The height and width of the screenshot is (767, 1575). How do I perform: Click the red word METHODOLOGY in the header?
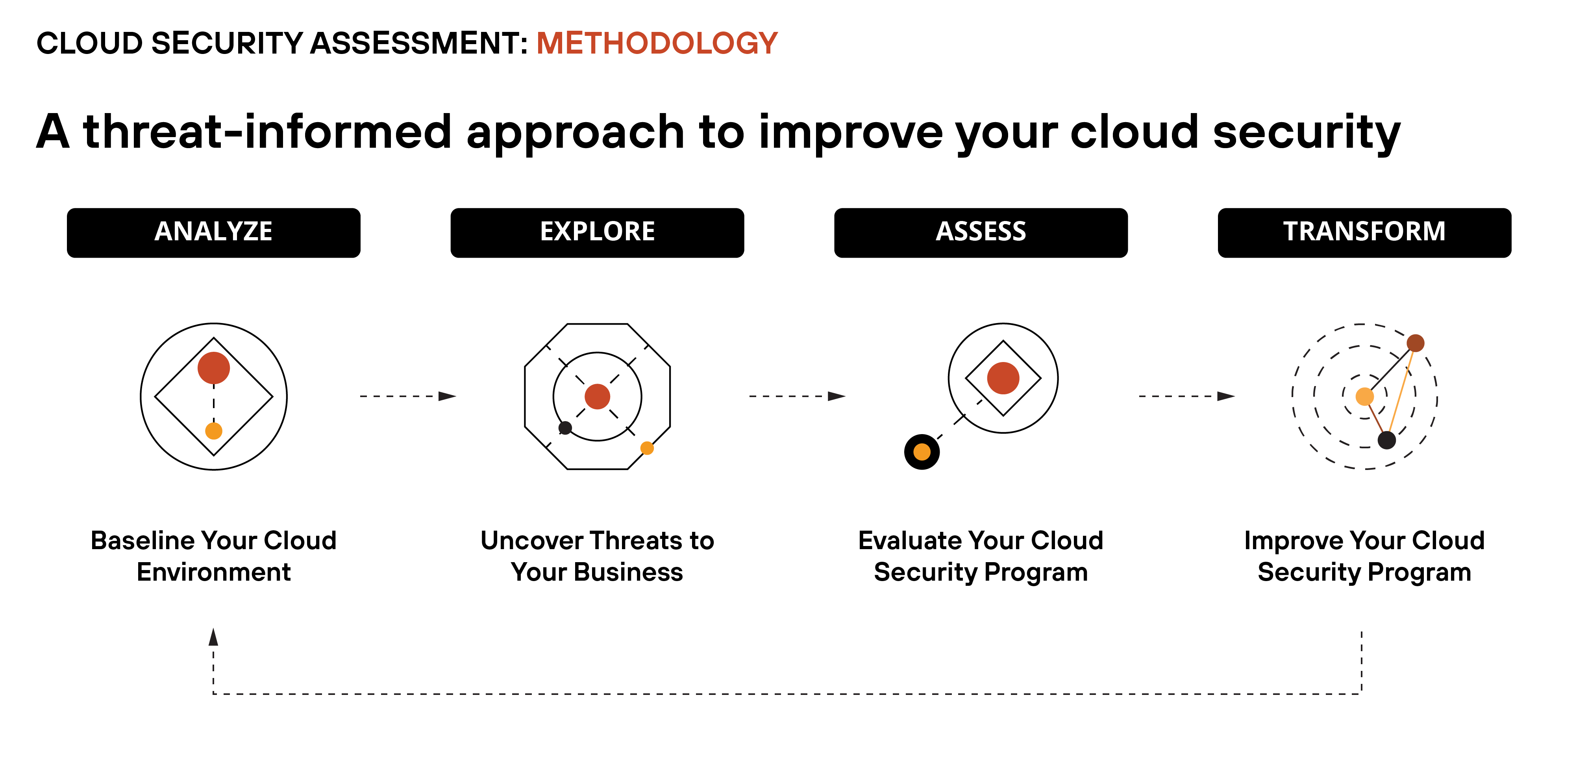657,43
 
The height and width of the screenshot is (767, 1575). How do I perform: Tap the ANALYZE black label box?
213,232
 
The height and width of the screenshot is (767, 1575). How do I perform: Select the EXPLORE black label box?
597,232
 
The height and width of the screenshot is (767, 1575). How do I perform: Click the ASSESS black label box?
981,232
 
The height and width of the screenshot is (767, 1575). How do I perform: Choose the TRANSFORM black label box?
1364,232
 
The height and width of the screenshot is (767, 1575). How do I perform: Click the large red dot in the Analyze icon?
213,368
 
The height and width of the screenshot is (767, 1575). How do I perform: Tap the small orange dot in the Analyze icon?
213,431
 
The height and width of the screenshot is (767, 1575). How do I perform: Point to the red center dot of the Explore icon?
597,396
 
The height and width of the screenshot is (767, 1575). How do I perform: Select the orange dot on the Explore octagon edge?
647,448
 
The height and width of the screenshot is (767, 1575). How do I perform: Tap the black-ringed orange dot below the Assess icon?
922,452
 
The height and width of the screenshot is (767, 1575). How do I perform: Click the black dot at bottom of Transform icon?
1387,440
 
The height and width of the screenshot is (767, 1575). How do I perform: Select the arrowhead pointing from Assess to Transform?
1226,396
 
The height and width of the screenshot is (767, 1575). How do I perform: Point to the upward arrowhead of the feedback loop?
213,637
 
